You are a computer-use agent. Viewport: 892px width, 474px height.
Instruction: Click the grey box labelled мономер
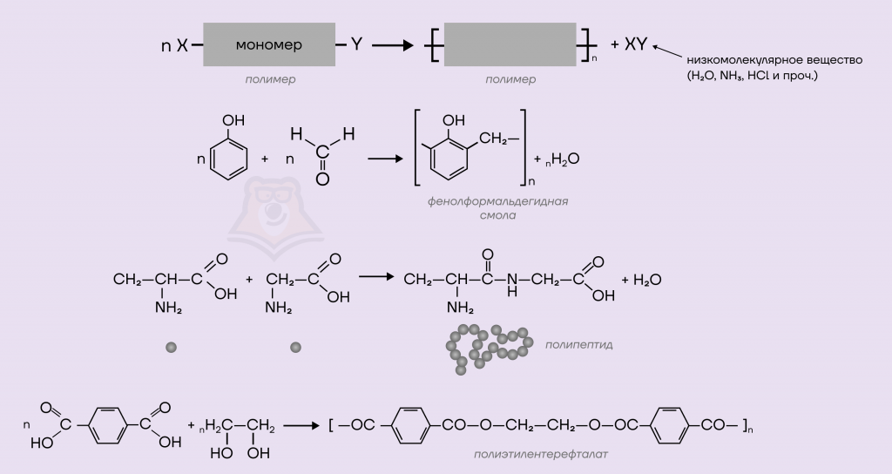[x=269, y=44]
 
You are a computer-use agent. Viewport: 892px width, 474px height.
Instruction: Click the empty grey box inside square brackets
[x=510, y=44]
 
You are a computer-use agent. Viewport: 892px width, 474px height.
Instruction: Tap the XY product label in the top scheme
[x=636, y=44]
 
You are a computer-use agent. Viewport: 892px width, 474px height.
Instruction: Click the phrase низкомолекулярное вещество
[x=774, y=60]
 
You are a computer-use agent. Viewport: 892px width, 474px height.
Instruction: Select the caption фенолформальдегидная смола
[x=497, y=207]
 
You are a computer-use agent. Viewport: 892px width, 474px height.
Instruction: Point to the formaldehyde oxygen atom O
[x=322, y=179]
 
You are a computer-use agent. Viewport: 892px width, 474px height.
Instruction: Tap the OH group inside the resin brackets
[x=453, y=120]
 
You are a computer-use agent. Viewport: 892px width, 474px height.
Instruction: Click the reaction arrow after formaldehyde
[x=385, y=158]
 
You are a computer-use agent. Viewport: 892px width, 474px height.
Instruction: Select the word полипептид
[x=578, y=344]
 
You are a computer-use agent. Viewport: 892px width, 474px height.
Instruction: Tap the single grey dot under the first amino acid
[x=171, y=347]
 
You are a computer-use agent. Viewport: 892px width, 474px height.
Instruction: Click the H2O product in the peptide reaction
[x=647, y=280]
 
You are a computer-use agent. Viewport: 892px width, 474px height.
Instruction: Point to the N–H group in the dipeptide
[x=512, y=284]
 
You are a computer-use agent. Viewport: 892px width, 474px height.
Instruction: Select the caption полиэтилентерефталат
[x=540, y=454]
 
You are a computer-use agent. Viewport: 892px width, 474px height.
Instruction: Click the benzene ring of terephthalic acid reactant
[x=106, y=425]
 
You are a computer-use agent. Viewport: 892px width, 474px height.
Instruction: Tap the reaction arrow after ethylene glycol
[x=301, y=425]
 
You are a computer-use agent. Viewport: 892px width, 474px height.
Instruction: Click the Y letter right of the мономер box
[x=356, y=44]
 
